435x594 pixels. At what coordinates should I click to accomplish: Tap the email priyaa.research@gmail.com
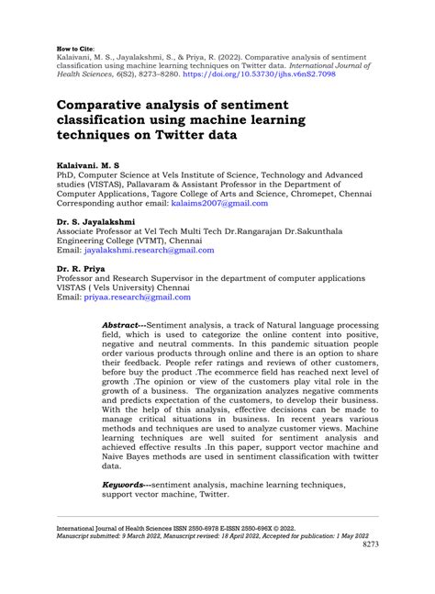pyautogui.click(x=138, y=297)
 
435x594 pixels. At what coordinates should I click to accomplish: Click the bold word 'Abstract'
pyautogui.click(x=122, y=325)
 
